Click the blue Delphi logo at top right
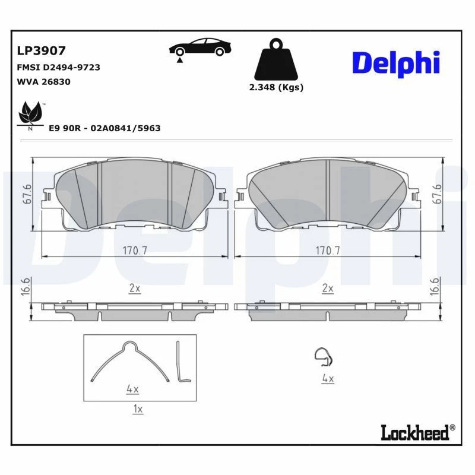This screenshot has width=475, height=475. [396, 62]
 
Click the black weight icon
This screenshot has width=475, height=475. [275, 61]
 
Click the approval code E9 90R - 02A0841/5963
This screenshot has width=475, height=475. [104, 128]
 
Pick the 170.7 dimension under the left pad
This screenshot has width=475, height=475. [135, 250]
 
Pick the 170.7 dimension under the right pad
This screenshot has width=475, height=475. [328, 250]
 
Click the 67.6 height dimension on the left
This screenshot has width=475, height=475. [27, 195]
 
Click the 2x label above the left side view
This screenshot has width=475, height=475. [135, 289]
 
